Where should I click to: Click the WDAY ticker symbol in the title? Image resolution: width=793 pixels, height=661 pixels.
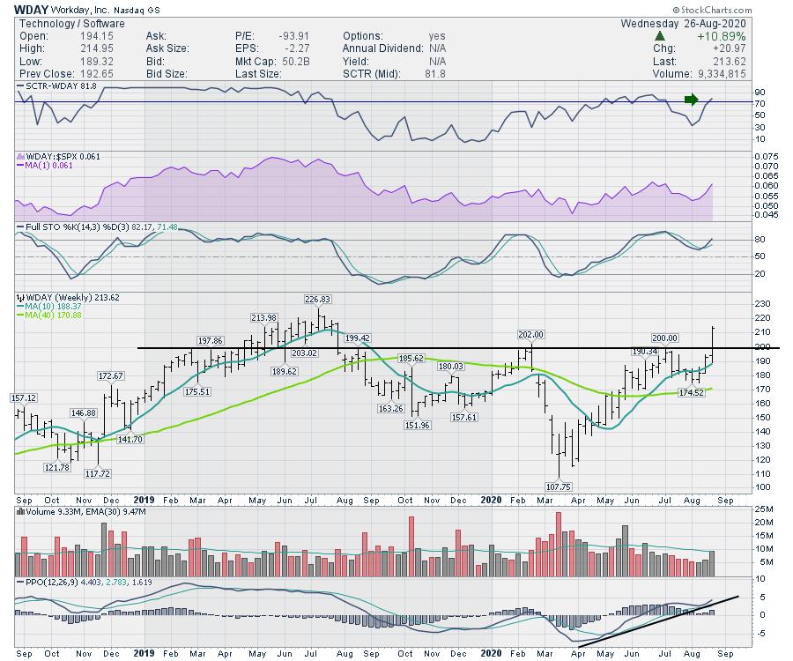pyautogui.click(x=26, y=9)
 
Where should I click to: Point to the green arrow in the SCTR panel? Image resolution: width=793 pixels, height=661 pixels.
pyautogui.click(x=692, y=99)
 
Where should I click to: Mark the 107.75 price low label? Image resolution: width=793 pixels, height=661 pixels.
pyautogui.click(x=559, y=486)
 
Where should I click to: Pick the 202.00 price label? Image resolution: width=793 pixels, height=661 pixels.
pyautogui.click(x=530, y=334)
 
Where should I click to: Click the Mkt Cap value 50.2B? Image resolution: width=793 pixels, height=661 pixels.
pyautogui.click(x=300, y=61)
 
